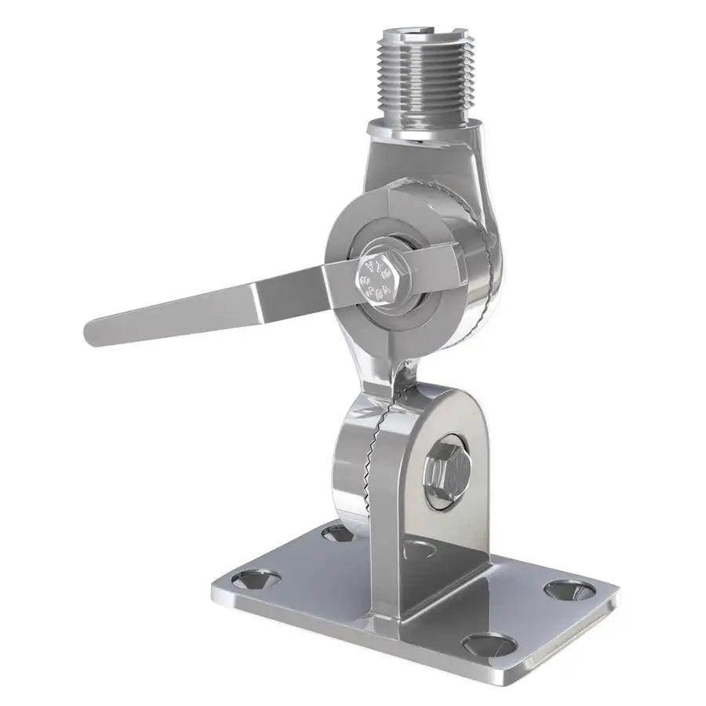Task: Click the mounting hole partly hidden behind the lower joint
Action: (x=337, y=533)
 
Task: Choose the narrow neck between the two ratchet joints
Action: (x=392, y=369)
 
